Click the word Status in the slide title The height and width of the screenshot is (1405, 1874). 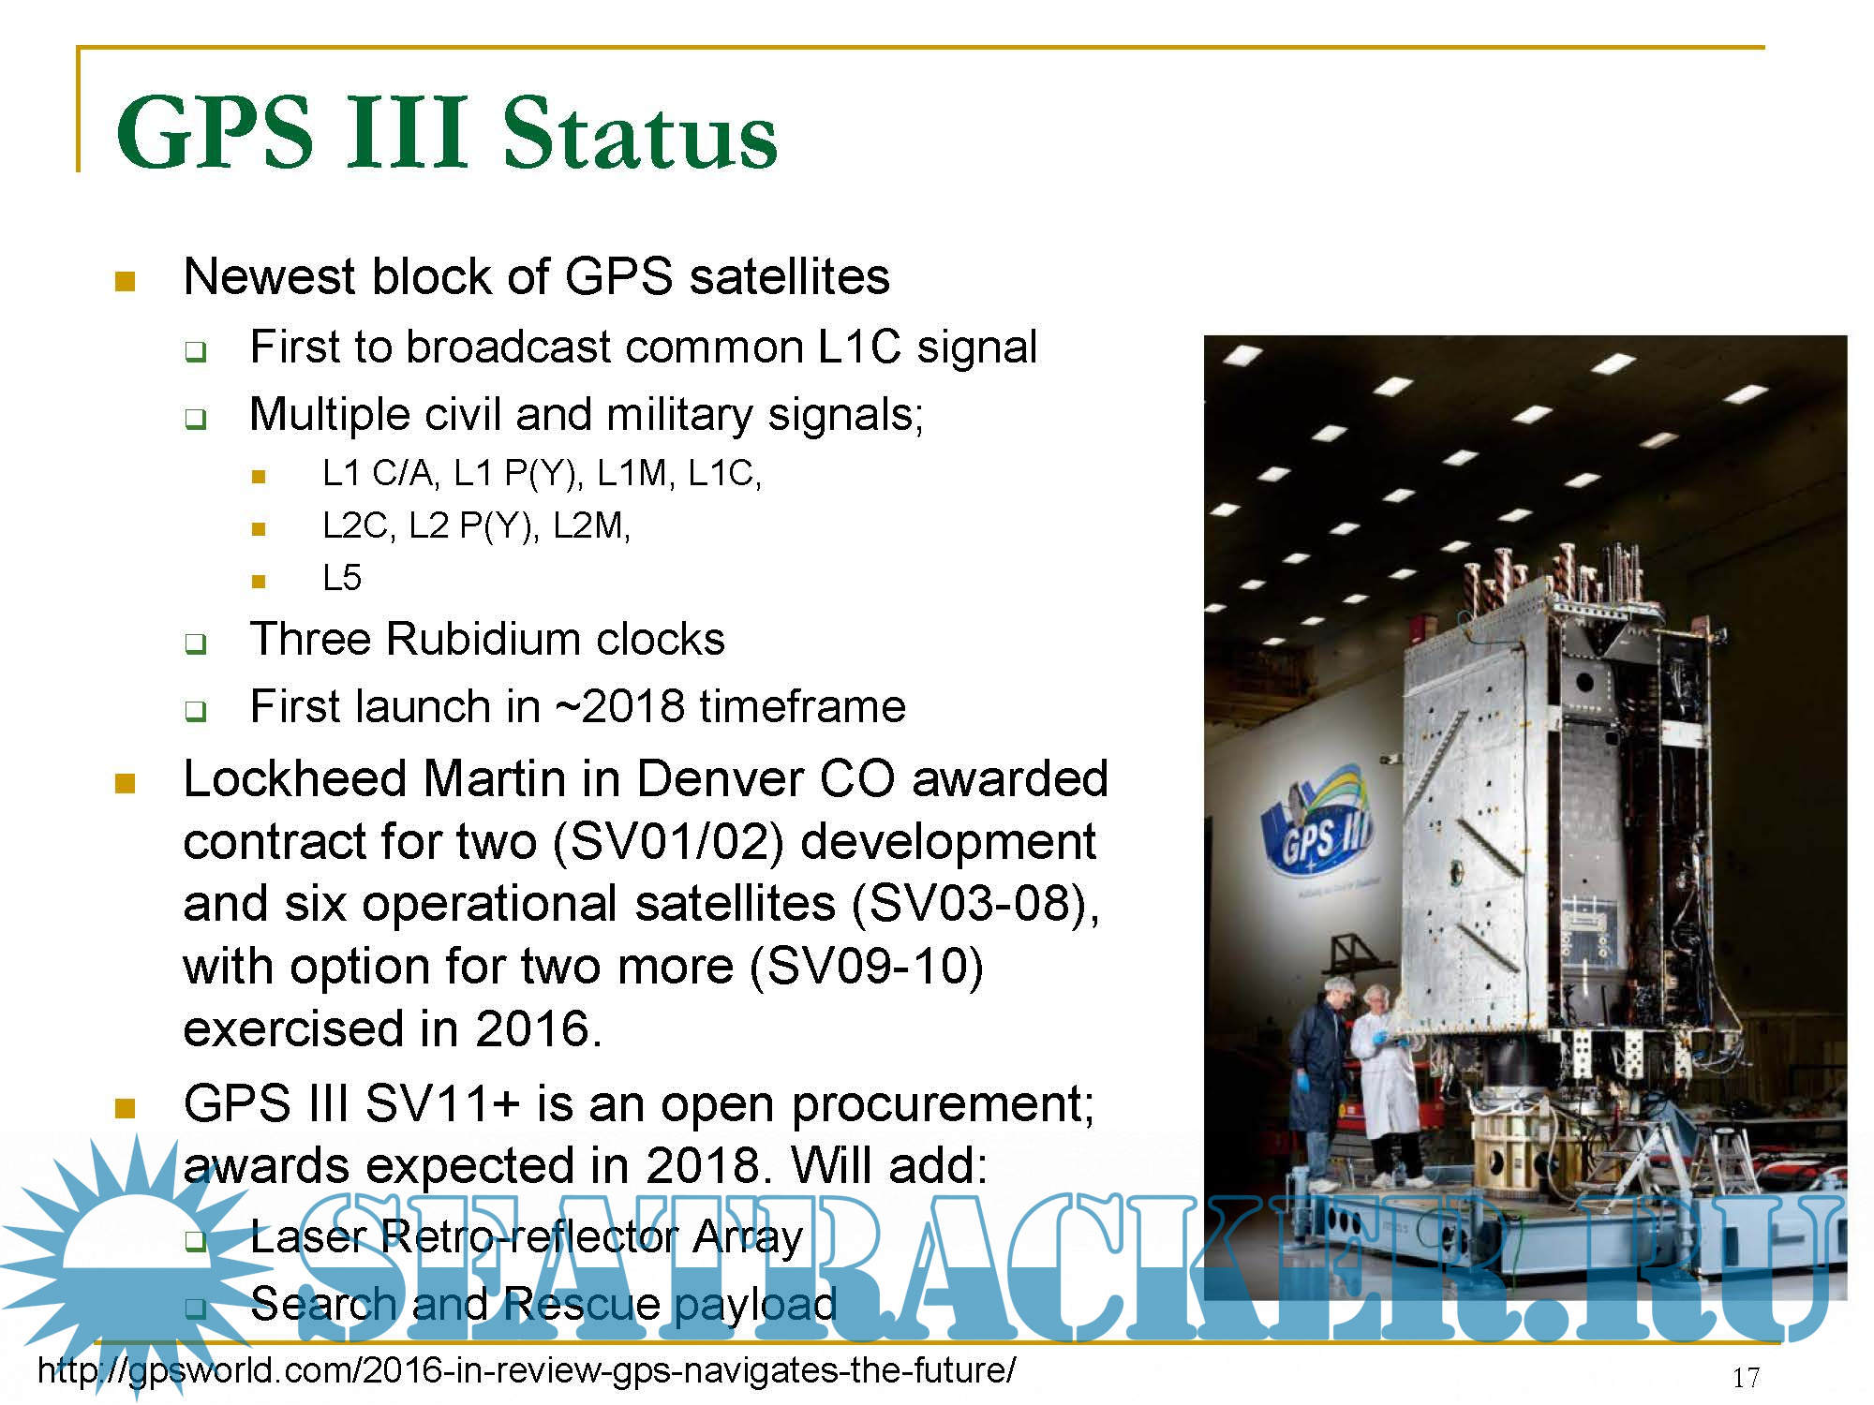click(x=639, y=133)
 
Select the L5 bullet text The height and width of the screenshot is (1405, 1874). click(x=342, y=578)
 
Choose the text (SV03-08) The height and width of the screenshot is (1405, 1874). click(x=969, y=904)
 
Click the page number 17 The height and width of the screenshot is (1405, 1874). click(x=1746, y=1378)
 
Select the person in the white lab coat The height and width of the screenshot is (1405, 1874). click(x=1384, y=1082)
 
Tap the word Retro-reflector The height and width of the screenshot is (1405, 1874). click(x=528, y=1236)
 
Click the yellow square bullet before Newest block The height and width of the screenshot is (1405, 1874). click(x=125, y=281)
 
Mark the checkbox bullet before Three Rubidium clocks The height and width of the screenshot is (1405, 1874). click(x=195, y=643)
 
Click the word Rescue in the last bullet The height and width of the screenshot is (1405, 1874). click(x=582, y=1304)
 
